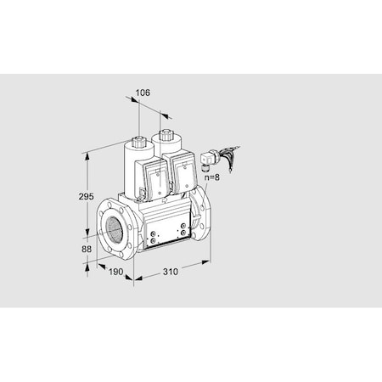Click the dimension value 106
tap(143, 93)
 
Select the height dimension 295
tap(86, 196)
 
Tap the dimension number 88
tap(87, 249)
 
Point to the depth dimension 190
tap(116, 272)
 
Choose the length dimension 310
tap(171, 272)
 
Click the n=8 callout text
tap(212, 177)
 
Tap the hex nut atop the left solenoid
tap(139, 140)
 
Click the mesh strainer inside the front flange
tap(115, 229)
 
